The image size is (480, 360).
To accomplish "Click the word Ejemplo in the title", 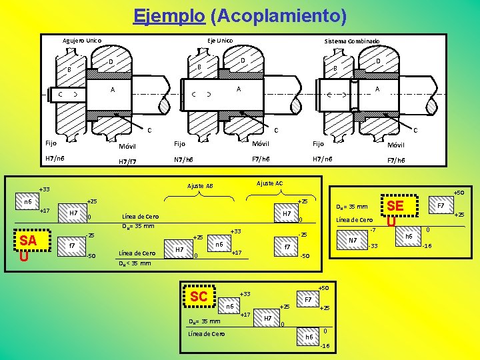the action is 169,15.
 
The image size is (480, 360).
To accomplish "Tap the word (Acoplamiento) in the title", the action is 277,15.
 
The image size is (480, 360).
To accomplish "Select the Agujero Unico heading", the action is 82,41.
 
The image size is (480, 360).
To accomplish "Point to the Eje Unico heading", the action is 220,41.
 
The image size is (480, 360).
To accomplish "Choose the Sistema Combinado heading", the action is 352,41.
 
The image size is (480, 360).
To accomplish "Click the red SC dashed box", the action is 199,297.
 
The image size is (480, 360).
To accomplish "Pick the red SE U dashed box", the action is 395,213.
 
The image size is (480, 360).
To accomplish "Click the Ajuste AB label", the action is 200,186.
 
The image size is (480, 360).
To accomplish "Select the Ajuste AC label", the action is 269,183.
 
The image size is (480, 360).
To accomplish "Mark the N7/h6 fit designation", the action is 183,159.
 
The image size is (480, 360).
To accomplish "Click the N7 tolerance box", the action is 353,241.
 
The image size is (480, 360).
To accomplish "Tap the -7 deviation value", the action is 373,231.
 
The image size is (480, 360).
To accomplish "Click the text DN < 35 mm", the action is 135,263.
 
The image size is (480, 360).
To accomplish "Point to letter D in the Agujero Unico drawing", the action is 111,63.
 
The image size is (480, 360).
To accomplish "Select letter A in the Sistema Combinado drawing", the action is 377,89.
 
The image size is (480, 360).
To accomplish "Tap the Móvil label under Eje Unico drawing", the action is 260,143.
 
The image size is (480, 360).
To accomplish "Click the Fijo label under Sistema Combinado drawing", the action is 318,143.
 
